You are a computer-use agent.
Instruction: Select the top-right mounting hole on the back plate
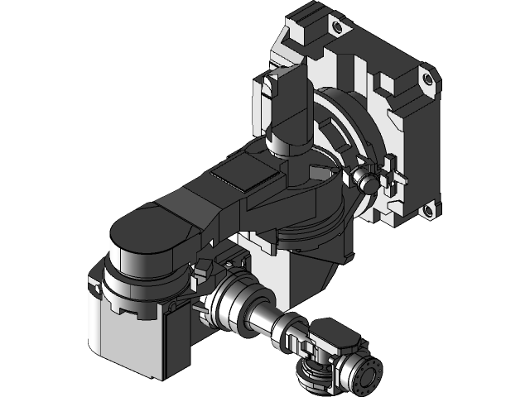click(x=427, y=78)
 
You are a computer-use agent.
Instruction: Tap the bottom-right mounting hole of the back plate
click(x=428, y=211)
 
